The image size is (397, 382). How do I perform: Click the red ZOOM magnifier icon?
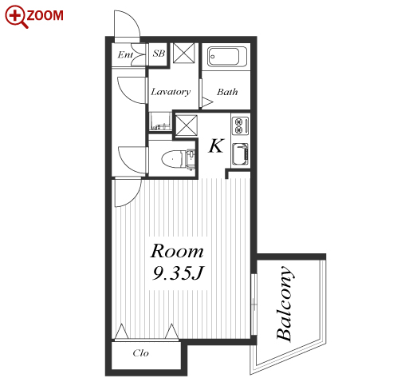[16, 17]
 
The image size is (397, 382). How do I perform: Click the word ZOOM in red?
[45, 15]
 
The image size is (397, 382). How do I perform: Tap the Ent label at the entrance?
[125, 55]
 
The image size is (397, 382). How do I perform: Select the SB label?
[159, 54]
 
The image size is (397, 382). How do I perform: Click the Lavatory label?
[171, 92]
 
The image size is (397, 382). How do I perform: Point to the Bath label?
[227, 92]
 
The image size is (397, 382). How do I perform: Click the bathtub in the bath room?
[227, 57]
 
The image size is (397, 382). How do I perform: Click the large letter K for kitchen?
[216, 145]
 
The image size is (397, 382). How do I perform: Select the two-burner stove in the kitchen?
[240, 125]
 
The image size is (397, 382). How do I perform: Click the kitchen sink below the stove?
[240, 154]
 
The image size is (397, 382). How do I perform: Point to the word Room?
[177, 251]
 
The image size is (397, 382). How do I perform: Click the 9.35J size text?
[178, 273]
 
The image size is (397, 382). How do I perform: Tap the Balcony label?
[285, 303]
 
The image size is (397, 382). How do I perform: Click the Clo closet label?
[141, 353]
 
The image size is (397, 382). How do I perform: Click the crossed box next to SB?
[184, 53]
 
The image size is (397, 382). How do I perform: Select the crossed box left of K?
[187, 125]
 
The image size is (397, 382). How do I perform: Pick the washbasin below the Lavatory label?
[160, 121]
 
